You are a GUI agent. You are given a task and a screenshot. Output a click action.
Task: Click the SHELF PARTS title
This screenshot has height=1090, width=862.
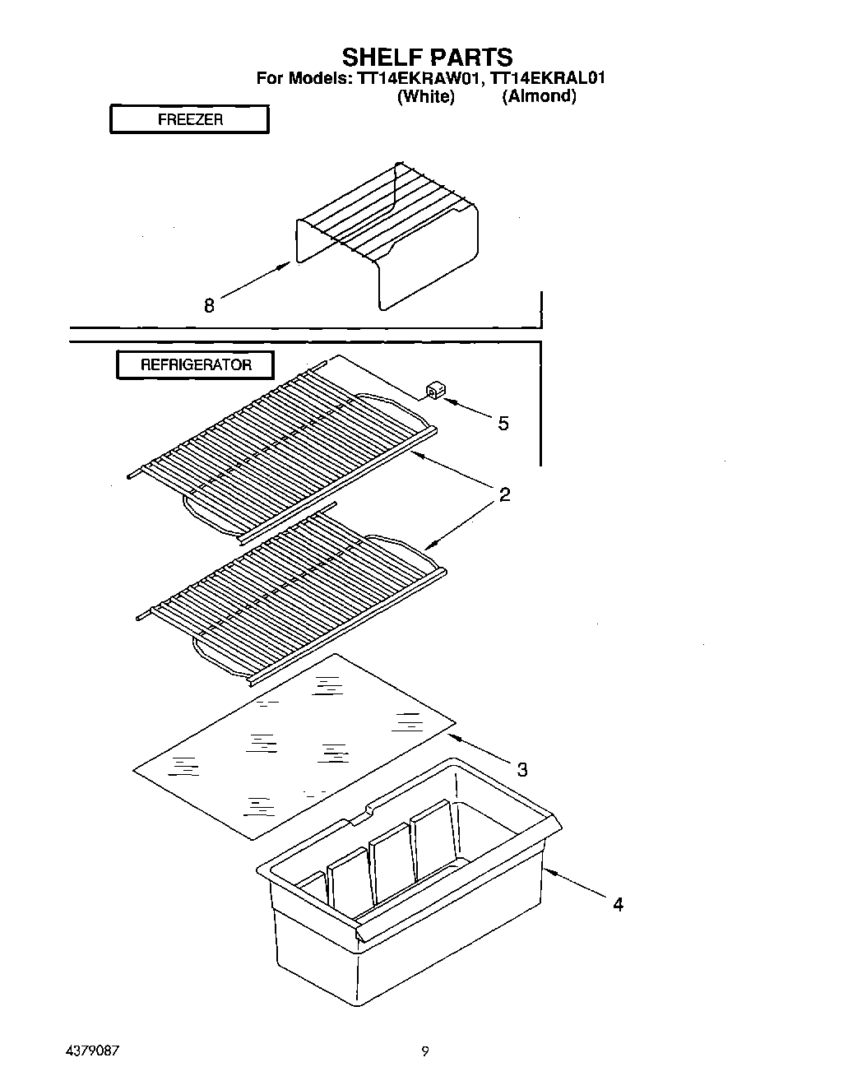tap(427, 57)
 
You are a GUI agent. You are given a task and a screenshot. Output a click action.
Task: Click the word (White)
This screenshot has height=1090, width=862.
tap(425, 96)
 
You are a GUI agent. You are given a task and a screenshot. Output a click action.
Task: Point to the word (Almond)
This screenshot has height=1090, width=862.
tap(539, 96)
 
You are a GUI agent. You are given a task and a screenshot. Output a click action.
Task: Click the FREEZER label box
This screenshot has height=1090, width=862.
tap(190, 119)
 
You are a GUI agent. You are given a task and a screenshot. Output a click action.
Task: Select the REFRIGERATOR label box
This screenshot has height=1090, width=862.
tap(195, 364)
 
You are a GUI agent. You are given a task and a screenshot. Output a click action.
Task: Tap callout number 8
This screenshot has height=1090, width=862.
tap(209, 306)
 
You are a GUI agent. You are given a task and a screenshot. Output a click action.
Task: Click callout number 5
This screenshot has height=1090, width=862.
tap(503, 424)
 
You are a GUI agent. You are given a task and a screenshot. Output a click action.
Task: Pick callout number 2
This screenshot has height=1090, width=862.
tap(504, 494)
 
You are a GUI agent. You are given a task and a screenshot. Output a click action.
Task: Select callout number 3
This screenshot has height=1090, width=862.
tap(521, 770)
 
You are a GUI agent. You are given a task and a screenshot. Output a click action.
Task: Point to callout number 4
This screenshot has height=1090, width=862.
tap(618, 905)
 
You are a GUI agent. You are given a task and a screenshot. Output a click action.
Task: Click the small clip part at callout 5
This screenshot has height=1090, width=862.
tap(434, 389)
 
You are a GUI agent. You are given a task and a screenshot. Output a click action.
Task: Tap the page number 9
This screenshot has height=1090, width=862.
tap(425, 1051)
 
